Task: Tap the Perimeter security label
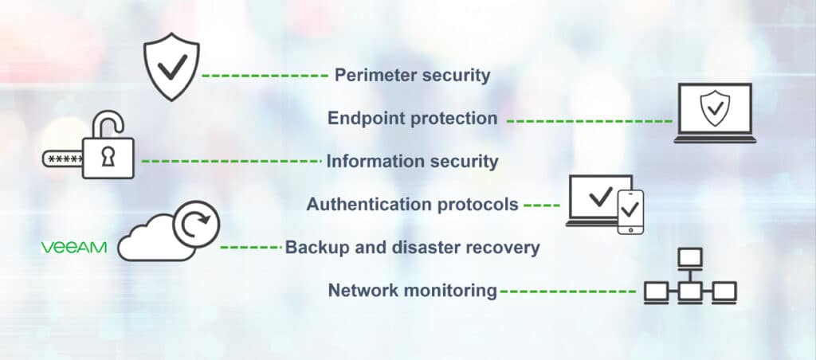(x=412, y=76)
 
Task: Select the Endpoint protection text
(x=413, y=119)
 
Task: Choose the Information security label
(x=412, y=162)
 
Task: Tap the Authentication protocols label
(x=412, y=205)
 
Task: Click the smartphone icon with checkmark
(x=630, y=211)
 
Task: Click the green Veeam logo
(x=73, y=248)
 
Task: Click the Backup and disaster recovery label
(x=412, y=248)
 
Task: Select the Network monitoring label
(x=412, y=291)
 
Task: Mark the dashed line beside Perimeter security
(x=265, y=76)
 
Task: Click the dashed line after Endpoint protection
(x=589, y=121)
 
